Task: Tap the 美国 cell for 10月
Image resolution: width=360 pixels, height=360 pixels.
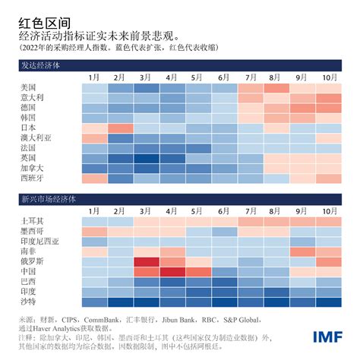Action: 328,88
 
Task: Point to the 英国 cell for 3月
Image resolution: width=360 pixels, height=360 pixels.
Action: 147,159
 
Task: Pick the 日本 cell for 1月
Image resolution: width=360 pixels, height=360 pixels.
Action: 95,128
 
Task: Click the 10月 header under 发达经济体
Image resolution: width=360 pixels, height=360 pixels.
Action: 328,77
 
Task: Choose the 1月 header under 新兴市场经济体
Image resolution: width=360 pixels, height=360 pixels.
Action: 95,210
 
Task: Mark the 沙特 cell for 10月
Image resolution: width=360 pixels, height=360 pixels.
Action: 328,302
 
